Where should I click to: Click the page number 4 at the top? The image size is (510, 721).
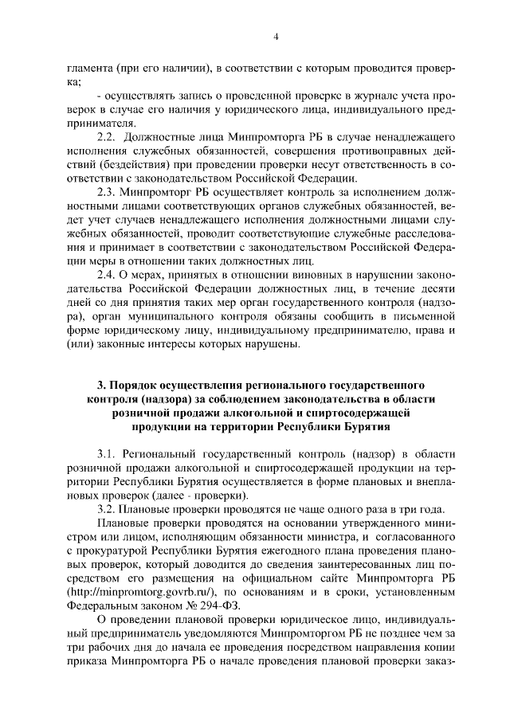[275, 37]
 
